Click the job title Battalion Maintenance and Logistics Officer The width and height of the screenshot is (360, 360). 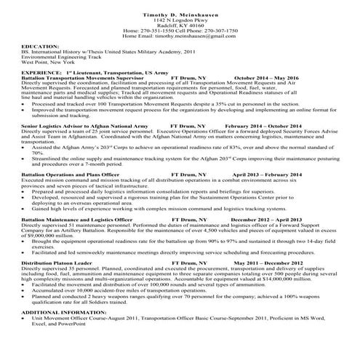(76, 239)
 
